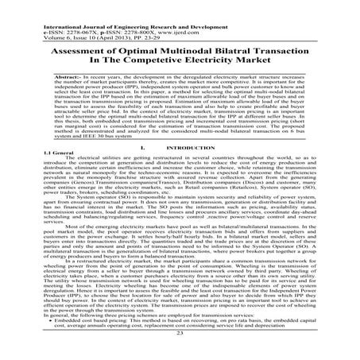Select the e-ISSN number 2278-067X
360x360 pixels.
[42, 11]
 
